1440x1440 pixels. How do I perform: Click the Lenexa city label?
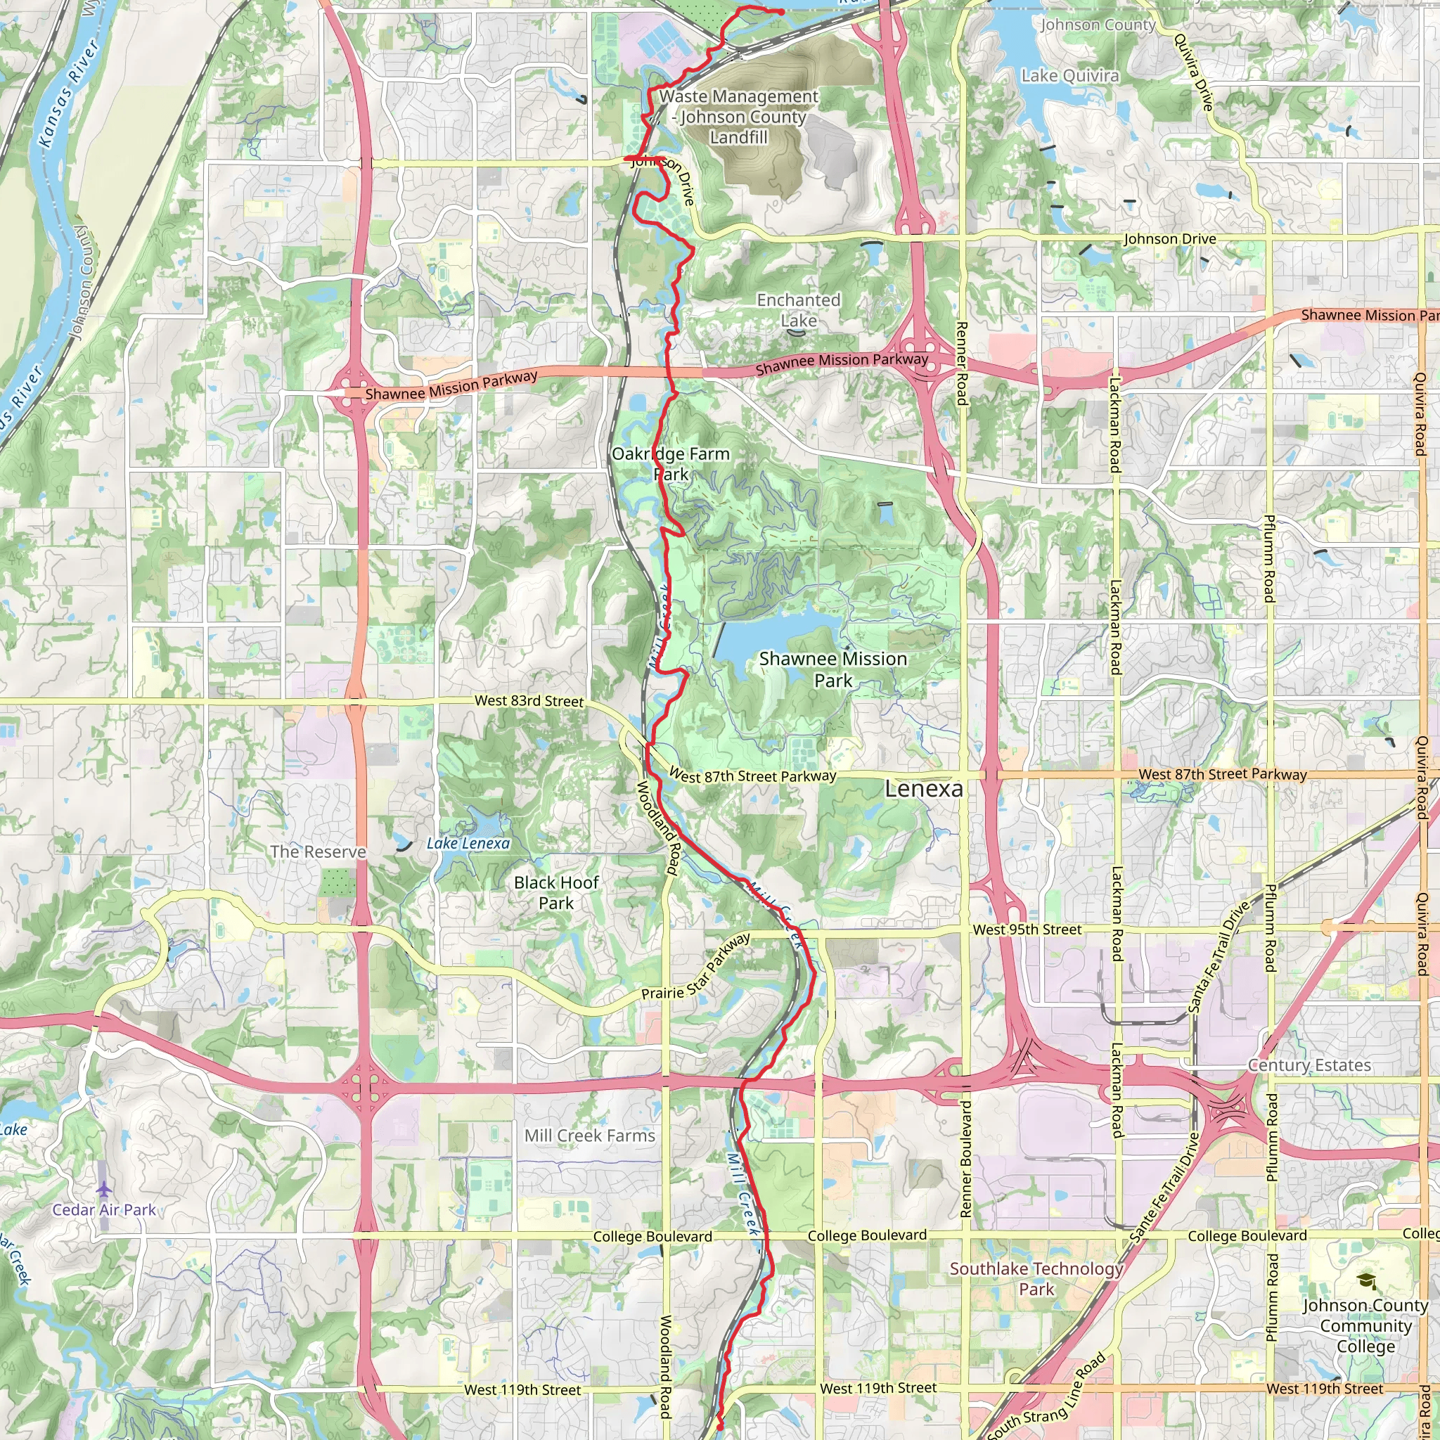coord(923,789)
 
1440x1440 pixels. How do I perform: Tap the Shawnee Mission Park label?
coord(832,669)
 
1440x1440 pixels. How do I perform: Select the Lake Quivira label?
coord(1069,76)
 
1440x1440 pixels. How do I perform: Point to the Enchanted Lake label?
coord(798,310)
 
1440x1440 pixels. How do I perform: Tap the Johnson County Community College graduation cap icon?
coord(1366,1281)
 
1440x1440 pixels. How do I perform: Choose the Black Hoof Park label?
coord(556,892)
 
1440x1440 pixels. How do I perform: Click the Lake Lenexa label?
coord(468,843)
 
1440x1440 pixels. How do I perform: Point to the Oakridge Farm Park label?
coord(670,463)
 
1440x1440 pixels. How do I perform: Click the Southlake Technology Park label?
coord(1036,1278)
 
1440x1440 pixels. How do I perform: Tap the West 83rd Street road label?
coord(529,700)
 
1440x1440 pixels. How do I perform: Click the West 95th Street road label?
coord(1027,930)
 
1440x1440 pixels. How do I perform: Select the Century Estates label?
coord(1309,1065)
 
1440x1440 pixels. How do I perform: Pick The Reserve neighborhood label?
coord(318,851)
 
